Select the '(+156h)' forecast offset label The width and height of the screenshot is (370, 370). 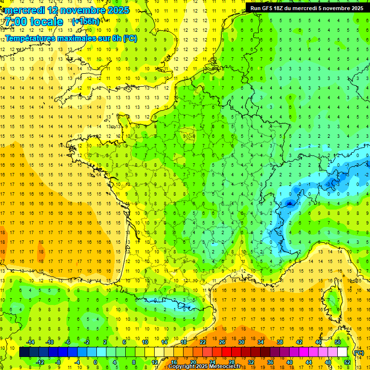86,22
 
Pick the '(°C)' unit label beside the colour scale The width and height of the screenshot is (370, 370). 358,353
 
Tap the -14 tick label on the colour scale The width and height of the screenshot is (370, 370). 31,342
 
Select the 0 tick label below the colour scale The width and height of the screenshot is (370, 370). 95,362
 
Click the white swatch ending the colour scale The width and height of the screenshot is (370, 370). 342,352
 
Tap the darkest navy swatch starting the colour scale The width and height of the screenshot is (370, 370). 24,352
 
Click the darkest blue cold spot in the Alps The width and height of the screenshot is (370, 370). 289,203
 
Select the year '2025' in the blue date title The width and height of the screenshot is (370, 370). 118,10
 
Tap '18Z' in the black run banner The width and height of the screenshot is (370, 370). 280,8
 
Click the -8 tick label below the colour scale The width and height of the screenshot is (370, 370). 59,362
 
